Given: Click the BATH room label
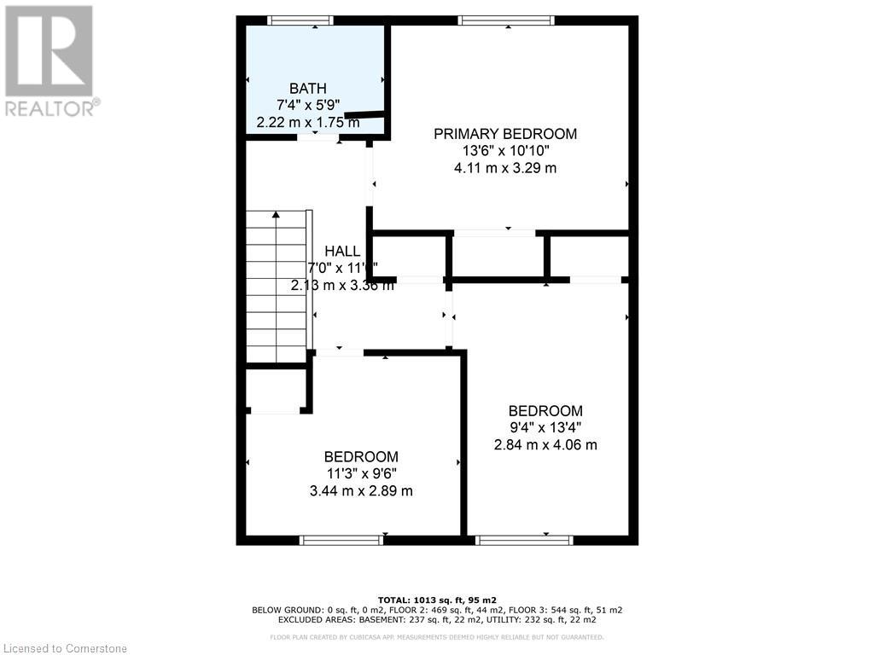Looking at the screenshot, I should click(307, 88).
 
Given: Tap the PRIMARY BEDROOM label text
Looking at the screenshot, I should click(504, 134).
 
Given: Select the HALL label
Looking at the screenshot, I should click(341, 252).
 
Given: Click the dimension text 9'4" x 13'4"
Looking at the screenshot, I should click(545, 427).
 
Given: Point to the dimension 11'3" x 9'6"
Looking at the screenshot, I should click(360, 473).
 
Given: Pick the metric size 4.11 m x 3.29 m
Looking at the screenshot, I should click(504, 168).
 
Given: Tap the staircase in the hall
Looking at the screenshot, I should click(276, 287).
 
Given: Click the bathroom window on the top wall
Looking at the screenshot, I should click(300, 20).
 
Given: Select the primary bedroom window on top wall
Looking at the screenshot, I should click(505, 20).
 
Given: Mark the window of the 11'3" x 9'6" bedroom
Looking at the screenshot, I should click(341, 540).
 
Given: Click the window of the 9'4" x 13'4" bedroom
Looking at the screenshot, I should click(523, 540).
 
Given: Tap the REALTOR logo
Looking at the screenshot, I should click(50, 60).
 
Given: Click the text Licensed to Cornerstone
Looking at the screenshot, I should click(64, 648).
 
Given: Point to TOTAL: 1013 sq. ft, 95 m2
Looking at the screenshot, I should click(436, 600).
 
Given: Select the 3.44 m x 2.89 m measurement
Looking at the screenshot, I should click(360, 490).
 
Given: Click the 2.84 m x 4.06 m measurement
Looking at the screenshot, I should click(545, 444).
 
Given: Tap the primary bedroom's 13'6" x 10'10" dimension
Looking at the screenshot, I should click(504, 151).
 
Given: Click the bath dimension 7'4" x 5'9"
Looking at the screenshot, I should click(307, 105).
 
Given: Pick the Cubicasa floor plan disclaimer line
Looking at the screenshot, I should click(436, 636).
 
